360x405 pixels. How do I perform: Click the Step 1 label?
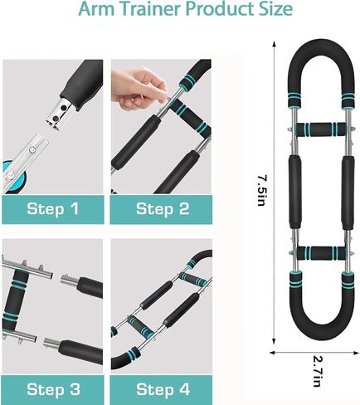(x=52, y=208)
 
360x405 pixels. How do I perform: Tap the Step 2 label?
(x=163, y=208)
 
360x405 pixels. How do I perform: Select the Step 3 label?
(x=53, y=389)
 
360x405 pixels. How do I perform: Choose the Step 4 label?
(x=163, y=389)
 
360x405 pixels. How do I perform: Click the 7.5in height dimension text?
(x=261, y=190)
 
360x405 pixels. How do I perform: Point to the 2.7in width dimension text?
(x=317, y=371)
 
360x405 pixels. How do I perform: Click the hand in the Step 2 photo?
(x=139, y=88)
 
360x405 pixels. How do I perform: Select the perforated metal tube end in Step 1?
(x=61, y=113)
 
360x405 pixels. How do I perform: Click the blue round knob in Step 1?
(x=13, y=178)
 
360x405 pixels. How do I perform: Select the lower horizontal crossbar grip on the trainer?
(x=321, y=253)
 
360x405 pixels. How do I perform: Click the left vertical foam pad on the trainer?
(x=295, y=192)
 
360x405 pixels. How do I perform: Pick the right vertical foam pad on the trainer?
(x=348, y=193)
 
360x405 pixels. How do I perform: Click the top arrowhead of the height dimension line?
(x=275, y=44)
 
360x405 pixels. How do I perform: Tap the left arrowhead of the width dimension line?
(x=273, y=353)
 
